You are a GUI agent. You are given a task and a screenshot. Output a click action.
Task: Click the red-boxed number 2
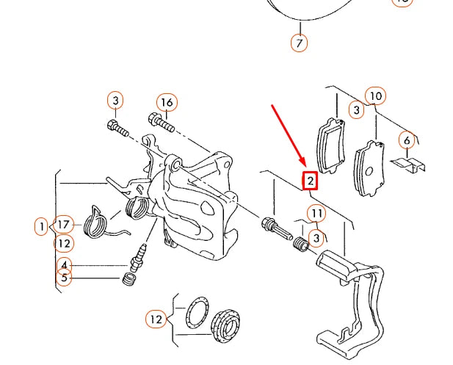coord(311,180)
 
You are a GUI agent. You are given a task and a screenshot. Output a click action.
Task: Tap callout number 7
coord(299,43)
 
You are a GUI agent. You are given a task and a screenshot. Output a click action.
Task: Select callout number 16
coord(167,102)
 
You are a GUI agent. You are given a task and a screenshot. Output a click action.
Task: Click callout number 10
coord(375,96)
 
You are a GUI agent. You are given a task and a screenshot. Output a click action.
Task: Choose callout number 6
coord(406,140)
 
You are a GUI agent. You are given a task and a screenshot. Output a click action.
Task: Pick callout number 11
coord(316,214)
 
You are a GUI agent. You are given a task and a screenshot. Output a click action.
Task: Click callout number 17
coord(64,225)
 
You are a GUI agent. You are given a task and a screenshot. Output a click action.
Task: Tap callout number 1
coord(41,226)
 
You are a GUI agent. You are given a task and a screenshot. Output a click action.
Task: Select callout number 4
coord(65,265)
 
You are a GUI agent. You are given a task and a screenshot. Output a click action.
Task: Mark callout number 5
coord(65,278)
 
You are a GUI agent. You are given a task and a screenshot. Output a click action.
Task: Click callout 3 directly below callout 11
coord(316,237)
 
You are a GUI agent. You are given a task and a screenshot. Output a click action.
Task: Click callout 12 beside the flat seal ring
coord(156,319)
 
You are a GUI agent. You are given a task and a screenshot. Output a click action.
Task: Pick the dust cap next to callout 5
coord(128,281)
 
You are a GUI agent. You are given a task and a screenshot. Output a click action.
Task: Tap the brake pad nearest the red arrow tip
coord(329,145)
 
